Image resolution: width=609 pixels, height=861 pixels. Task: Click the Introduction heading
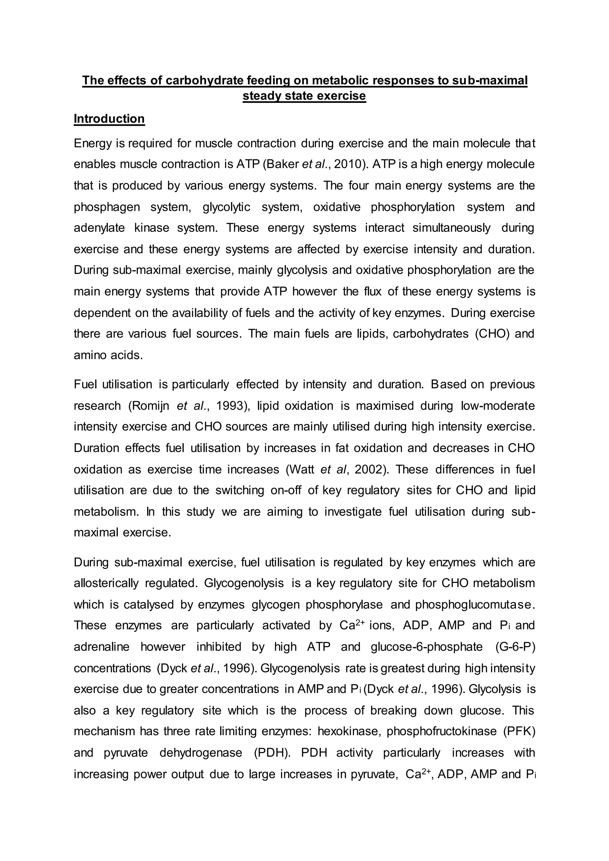[x=109, y=119]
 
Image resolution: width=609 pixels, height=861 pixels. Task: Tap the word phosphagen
[x=106, y=207]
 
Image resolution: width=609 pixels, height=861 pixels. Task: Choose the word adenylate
[x=99, y=228]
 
